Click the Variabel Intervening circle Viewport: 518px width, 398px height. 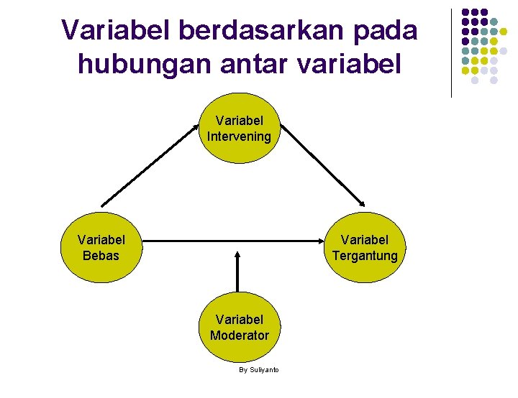point(239,129)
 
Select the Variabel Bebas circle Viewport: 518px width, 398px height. point(101,247)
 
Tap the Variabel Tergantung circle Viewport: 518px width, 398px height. point(365,247)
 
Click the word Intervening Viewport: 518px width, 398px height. point(239,136)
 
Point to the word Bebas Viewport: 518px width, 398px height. point(101,255)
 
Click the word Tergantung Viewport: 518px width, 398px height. point(365,256)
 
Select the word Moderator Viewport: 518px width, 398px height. point(239,335)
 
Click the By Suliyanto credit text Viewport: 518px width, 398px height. point(259,369)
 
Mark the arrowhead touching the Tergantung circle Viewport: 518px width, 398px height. point(363,205)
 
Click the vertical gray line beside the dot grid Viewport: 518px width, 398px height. point(451,53)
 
